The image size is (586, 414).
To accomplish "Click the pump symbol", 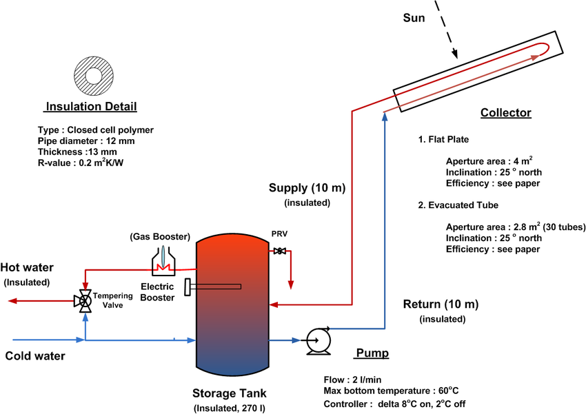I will [318, 340].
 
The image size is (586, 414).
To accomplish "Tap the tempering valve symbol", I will [85, 301].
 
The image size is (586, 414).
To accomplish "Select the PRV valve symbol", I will [280, 252].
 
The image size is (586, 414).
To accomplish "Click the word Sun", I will [414, 18].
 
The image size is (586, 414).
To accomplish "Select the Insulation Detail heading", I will [91, 107].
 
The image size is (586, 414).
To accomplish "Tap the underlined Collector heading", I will [505, 113].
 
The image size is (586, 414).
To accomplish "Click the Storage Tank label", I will [231, 394].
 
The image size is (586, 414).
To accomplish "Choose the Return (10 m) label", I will [441, 304].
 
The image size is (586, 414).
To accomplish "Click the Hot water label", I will [27, 267].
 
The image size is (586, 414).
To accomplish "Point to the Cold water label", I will [35, 356].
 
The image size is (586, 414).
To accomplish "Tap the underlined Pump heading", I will [372, 354].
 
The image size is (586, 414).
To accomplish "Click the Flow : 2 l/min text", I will [353, 380].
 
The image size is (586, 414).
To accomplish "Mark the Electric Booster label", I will [157, 291].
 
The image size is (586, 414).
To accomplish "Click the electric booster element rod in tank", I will [214, 285].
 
